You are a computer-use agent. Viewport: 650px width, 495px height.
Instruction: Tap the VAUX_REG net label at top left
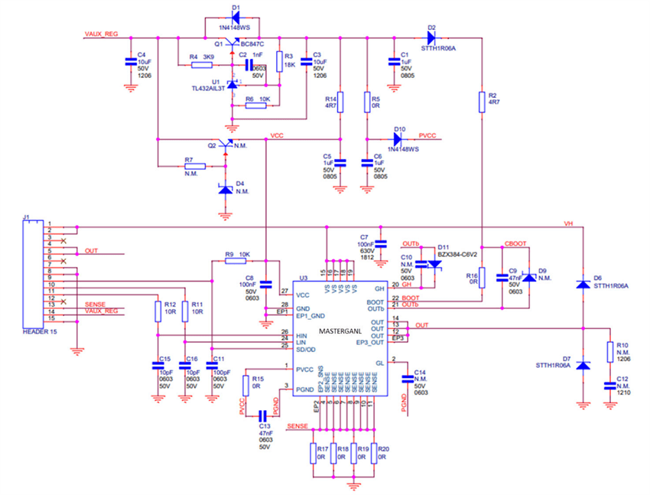point(99,34)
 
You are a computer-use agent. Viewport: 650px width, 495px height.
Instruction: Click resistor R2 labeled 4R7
point(482,103)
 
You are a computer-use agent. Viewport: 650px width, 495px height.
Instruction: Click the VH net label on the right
point(567,223)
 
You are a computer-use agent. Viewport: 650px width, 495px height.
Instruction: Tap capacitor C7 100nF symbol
point(381,243)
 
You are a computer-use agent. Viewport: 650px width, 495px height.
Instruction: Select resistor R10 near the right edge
point(609,351)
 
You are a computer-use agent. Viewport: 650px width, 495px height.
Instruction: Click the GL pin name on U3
point(379,362)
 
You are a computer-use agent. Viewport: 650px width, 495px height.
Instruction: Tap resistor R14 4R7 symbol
point(340,102)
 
